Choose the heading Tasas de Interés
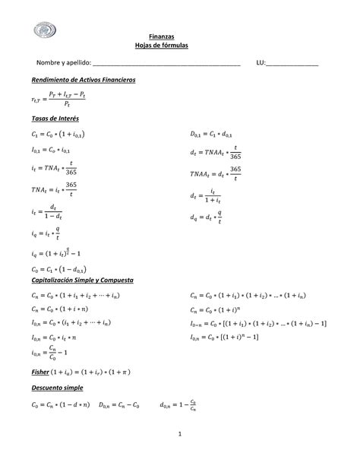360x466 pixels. pos(55,119)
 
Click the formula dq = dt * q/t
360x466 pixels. pos(206,218)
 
